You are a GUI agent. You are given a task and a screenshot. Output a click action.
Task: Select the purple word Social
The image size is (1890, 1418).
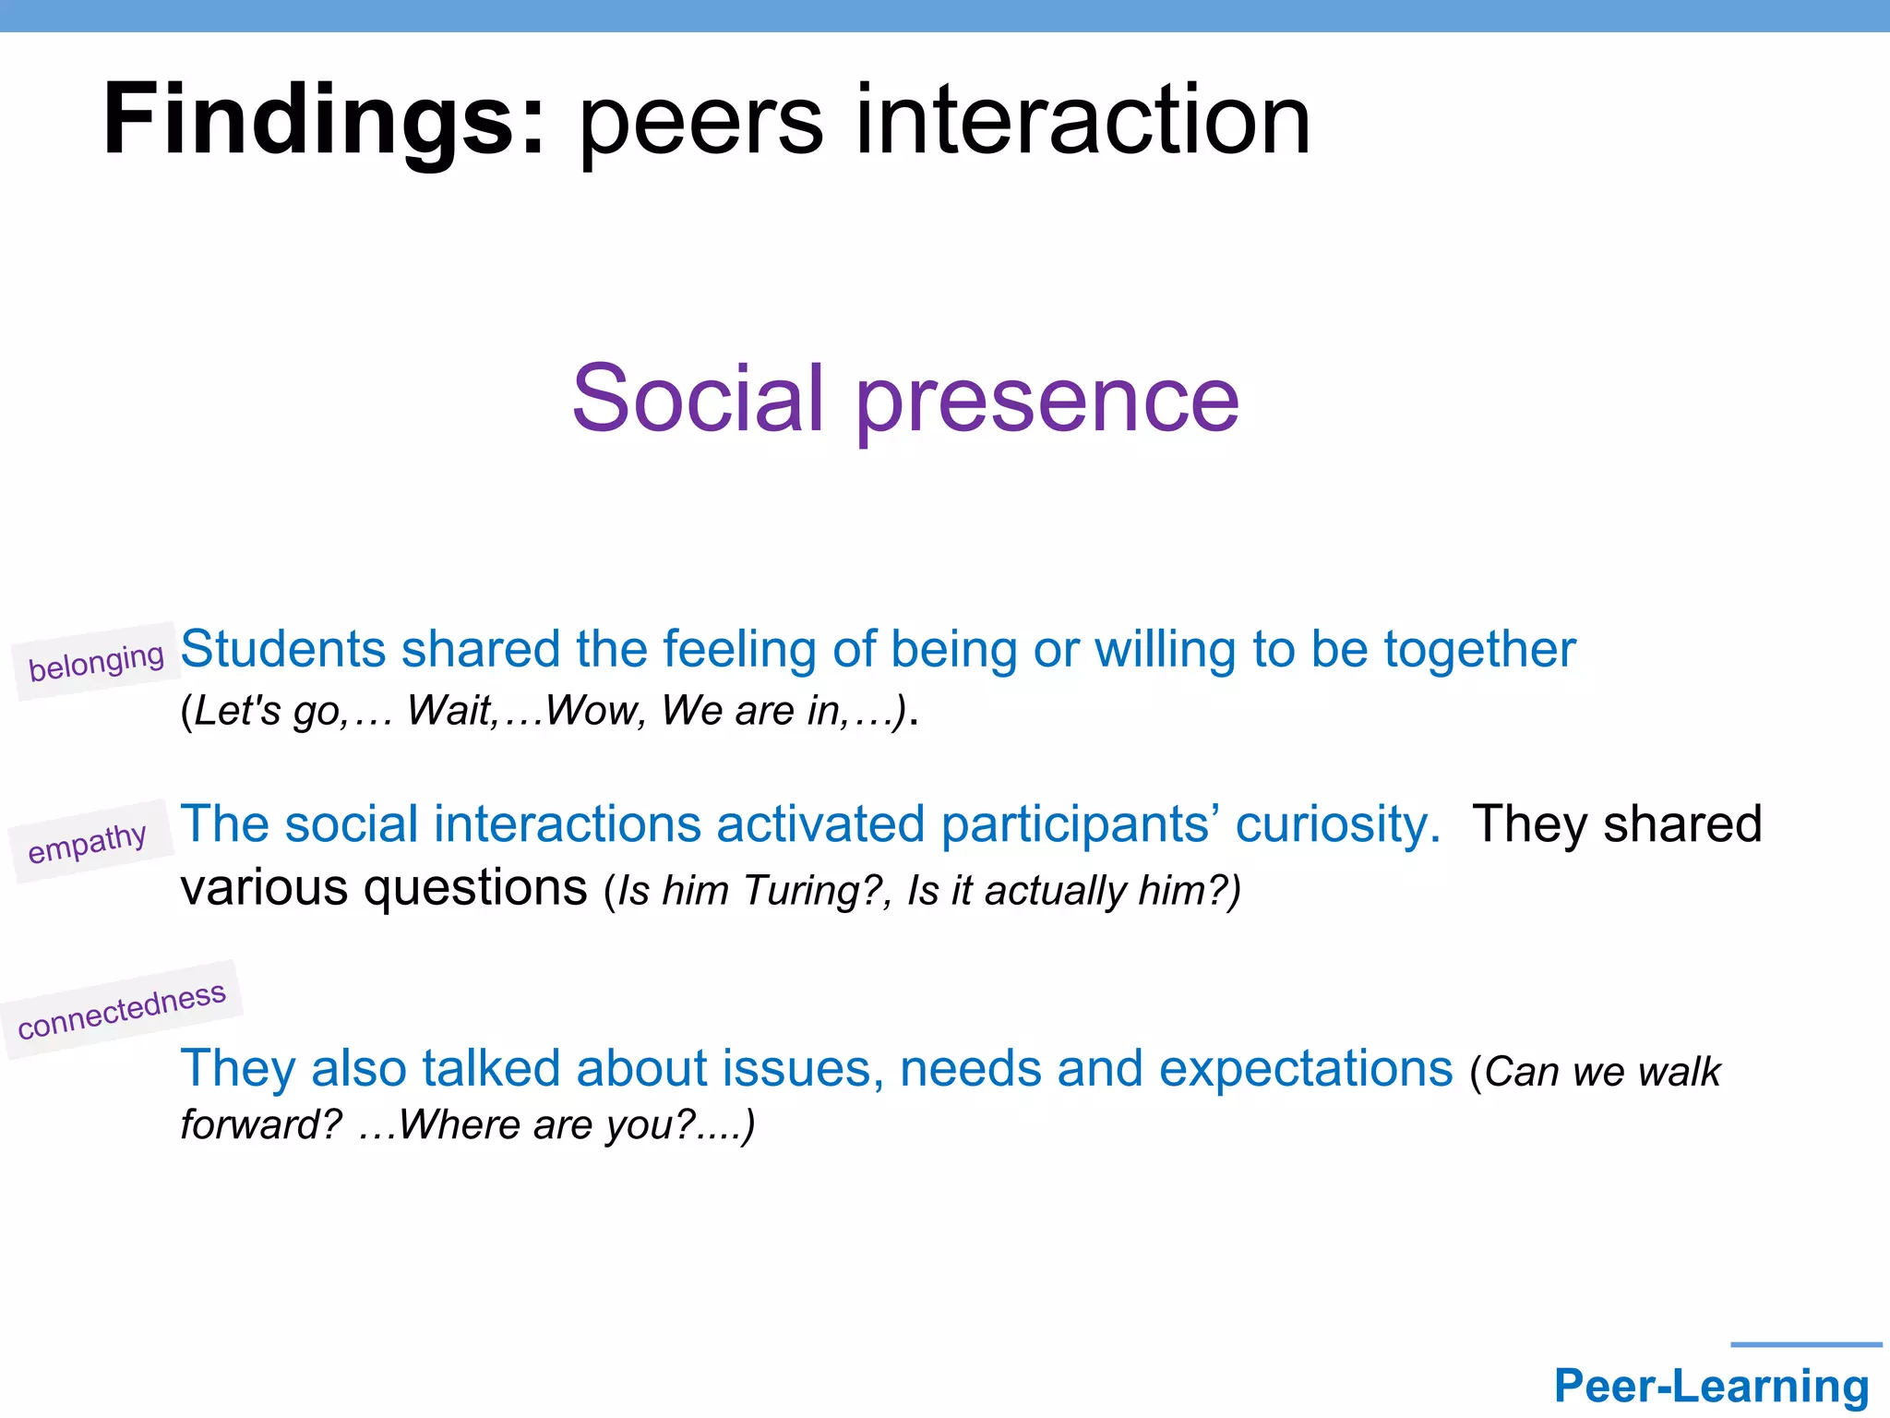click(697, 399)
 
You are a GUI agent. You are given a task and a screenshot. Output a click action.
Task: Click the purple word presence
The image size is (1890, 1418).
click(1047, 403)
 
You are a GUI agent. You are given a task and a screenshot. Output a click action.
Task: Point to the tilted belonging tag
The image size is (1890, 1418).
click(96, 661)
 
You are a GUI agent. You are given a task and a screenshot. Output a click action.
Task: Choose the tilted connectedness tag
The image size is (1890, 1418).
click(122, 1010)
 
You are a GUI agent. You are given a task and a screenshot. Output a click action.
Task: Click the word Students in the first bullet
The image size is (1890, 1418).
click(281, 649)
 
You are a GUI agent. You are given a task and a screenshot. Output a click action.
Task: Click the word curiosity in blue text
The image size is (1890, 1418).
click(1336, 824)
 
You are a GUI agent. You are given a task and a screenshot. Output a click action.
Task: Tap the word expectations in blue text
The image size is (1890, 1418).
click(1305, 1069)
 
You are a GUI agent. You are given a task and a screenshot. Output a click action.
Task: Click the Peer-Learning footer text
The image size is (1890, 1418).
click(1711, 1387)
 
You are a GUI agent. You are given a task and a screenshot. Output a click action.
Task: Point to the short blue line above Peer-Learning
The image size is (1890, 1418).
click(1805, 1345)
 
